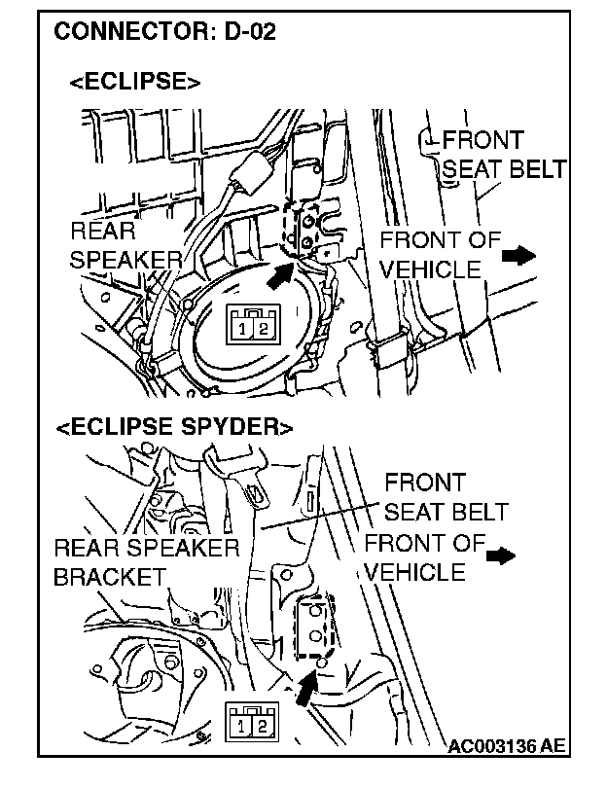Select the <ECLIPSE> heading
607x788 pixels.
click(x=135, y=83)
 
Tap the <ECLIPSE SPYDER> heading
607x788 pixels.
click(x=174, y=427)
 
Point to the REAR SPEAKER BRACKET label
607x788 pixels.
click(x=146, y=561)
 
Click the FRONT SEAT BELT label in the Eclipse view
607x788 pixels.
click(x=490, y=155)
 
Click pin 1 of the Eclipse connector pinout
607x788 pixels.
click(x=241, y=329)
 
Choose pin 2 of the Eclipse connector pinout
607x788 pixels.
click(x=263, y=329)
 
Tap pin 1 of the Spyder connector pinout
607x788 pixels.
click(x=240, y=725)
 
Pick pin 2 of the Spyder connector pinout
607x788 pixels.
click(x=262, y=725)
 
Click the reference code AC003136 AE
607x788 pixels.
click(x=507, y=746)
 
